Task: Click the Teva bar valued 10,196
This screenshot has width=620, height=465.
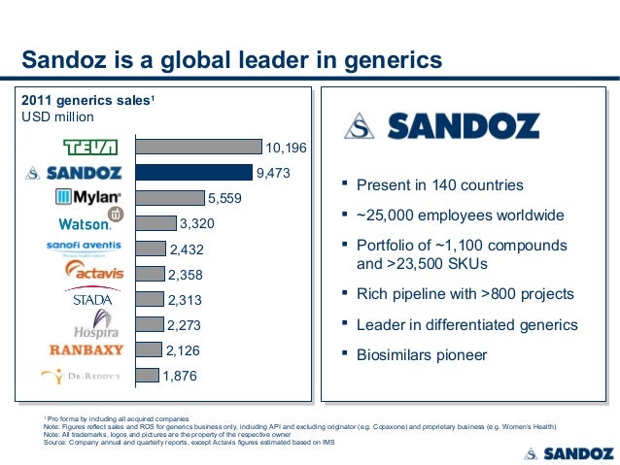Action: [199, 148]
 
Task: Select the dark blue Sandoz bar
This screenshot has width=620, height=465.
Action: [193, 173]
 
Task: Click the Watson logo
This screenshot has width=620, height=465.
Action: [89, 222]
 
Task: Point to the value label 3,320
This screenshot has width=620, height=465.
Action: [197, 224]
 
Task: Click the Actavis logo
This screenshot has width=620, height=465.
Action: [93, 272]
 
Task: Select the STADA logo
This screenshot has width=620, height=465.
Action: [93, 300]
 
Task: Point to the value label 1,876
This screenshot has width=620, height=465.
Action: [180, 376]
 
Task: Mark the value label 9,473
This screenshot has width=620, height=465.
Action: [273, 174]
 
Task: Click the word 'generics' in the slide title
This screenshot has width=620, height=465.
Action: [388, 62]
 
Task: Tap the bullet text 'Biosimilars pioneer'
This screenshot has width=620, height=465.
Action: [422, 355]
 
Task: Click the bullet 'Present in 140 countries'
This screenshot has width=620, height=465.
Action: [439, 185]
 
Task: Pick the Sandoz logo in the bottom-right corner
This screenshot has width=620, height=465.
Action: [568, 452]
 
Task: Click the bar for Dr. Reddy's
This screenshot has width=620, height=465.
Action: [147, 375]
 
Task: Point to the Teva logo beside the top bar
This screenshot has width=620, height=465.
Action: [90, 148]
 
